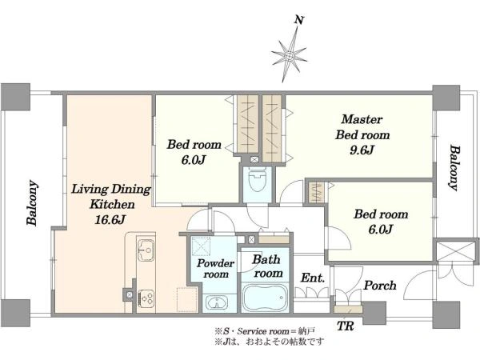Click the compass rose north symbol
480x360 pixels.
click(x=289, y=56)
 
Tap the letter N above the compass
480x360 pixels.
click(x=299, y=20)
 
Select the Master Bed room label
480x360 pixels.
click(x=362, y=127)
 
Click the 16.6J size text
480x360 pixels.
click(x=110, y=219)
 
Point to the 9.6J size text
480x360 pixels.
click(x=362, y=150)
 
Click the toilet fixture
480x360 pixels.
click(x=257, y=179)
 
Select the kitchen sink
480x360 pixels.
click(x=146, y=250)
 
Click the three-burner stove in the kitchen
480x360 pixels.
click(x=146, y=298)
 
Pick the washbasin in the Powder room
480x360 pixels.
click(x=217, y=303)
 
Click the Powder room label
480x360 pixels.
click(x=215, y=269)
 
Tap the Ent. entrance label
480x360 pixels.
click(x=312, y=278)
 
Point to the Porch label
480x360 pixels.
click(x=380, y=286)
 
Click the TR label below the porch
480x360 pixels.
click(x=346, y=326)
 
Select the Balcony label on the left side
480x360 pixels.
click(x=32, y=203)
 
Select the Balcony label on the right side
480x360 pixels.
click(x=455, y=168)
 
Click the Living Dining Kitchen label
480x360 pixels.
click(x=111, y=197)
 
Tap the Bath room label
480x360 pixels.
click(x=267, y=266)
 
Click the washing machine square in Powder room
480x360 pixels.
click(x=201, y=246)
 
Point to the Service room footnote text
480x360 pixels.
click(x=265, y=331)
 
